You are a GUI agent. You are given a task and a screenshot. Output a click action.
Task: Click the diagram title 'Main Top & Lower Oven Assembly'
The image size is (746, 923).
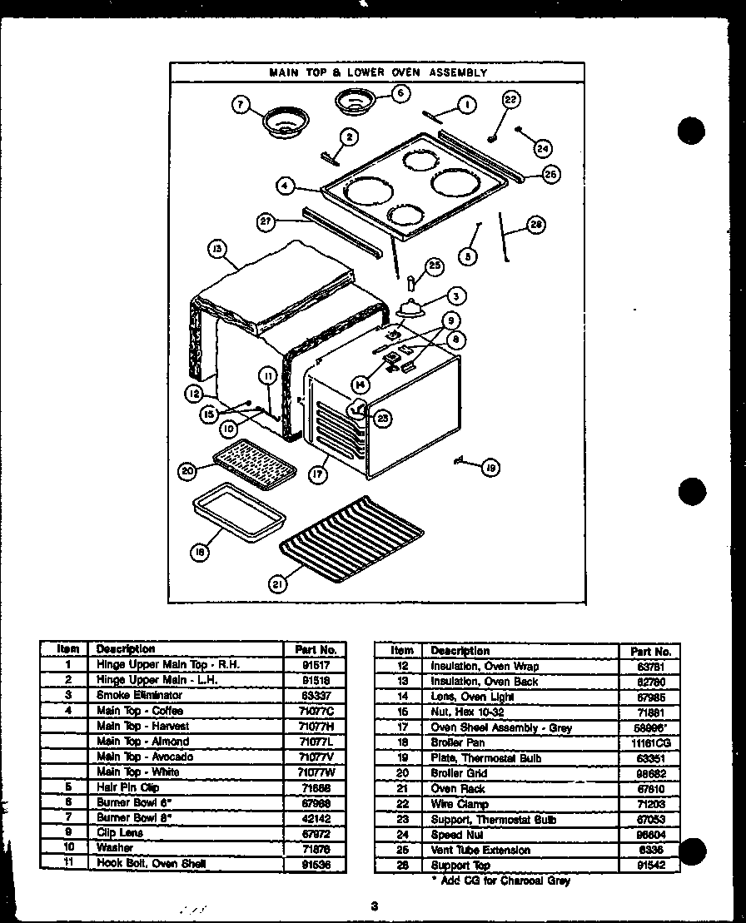point(377,72)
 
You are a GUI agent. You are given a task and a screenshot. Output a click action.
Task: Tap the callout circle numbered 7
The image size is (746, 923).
point(241,104)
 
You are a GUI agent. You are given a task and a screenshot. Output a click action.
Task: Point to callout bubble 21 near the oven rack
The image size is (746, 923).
point(277,584)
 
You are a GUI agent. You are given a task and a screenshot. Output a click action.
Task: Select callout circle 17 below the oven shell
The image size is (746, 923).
point(317,474)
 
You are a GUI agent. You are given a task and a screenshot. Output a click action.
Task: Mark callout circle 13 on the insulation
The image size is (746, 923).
point(216,248)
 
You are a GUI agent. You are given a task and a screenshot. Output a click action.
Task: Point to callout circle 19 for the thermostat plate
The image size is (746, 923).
point(490,469)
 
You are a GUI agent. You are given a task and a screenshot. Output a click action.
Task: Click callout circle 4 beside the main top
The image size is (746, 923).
point(286,186)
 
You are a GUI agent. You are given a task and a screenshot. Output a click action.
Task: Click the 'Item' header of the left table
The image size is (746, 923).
point(67,649)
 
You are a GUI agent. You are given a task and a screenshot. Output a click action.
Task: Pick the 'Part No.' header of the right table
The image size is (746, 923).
point(650,651)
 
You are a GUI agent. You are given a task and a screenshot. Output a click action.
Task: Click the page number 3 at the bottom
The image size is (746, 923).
point(375,906)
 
